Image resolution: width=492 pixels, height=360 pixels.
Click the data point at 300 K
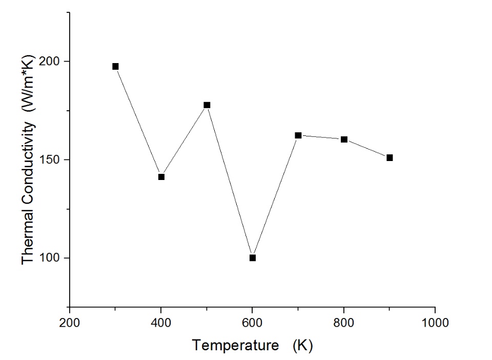[115, 66]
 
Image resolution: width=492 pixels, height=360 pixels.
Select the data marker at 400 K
[161, 177]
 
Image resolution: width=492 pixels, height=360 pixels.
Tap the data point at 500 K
[207, 105]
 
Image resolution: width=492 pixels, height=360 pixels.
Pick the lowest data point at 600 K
[253, 257]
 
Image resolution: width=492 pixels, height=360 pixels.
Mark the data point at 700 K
[298, 135]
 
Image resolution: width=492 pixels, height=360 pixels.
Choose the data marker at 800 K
[344, 139]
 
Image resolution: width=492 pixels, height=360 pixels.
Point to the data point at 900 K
[389, 157]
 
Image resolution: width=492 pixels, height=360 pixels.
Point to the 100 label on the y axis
[52, 258]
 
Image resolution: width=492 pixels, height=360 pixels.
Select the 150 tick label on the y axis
[52, 159]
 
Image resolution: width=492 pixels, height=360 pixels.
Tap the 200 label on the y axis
[52, 61]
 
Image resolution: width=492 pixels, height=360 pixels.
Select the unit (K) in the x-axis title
[302, 346]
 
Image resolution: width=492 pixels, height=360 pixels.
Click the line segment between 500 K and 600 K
[230, 181]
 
